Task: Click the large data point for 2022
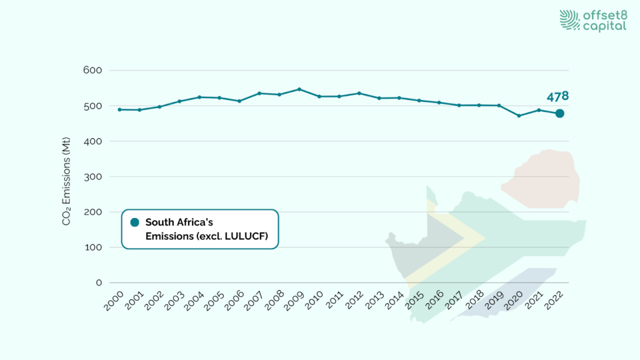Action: (x=559, y=113)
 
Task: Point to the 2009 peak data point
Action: (x=299, y=89)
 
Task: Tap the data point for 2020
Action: (x=519, y=116)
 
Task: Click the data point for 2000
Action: (x=119, y=109)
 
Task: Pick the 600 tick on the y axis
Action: (x=92, y=70)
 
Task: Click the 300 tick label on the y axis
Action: (x=92, y=176)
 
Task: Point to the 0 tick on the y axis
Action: (x=99, y=282)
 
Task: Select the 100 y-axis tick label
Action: (x=92, y=247)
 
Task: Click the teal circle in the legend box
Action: (x=134, y=222)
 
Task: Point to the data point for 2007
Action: (x=259, y=93)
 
